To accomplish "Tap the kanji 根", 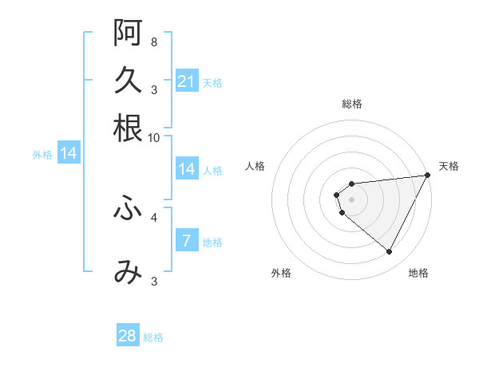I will [x=128, y=128].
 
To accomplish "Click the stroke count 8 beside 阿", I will [x=153, y=41].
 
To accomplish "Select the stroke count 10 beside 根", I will [x=154, y=137].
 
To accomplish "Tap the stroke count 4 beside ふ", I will [x=153, y=216].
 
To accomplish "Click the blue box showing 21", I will [x=187, y=81].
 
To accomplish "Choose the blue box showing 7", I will [x=187, y=241].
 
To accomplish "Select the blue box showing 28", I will [x=128, y=336].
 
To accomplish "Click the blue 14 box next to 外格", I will [x=69, y=153].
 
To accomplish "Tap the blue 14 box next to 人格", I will [x=187, y=169].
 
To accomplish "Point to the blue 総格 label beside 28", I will [x=153, y=337].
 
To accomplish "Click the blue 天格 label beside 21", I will [x=212, y=82].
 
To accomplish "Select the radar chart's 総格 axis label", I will [x=352, y=104].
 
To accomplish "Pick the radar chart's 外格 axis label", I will [x=281, y=273].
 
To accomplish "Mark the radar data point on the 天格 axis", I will [x=427, y=176].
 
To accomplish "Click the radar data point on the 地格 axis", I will [x=390, y=252].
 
